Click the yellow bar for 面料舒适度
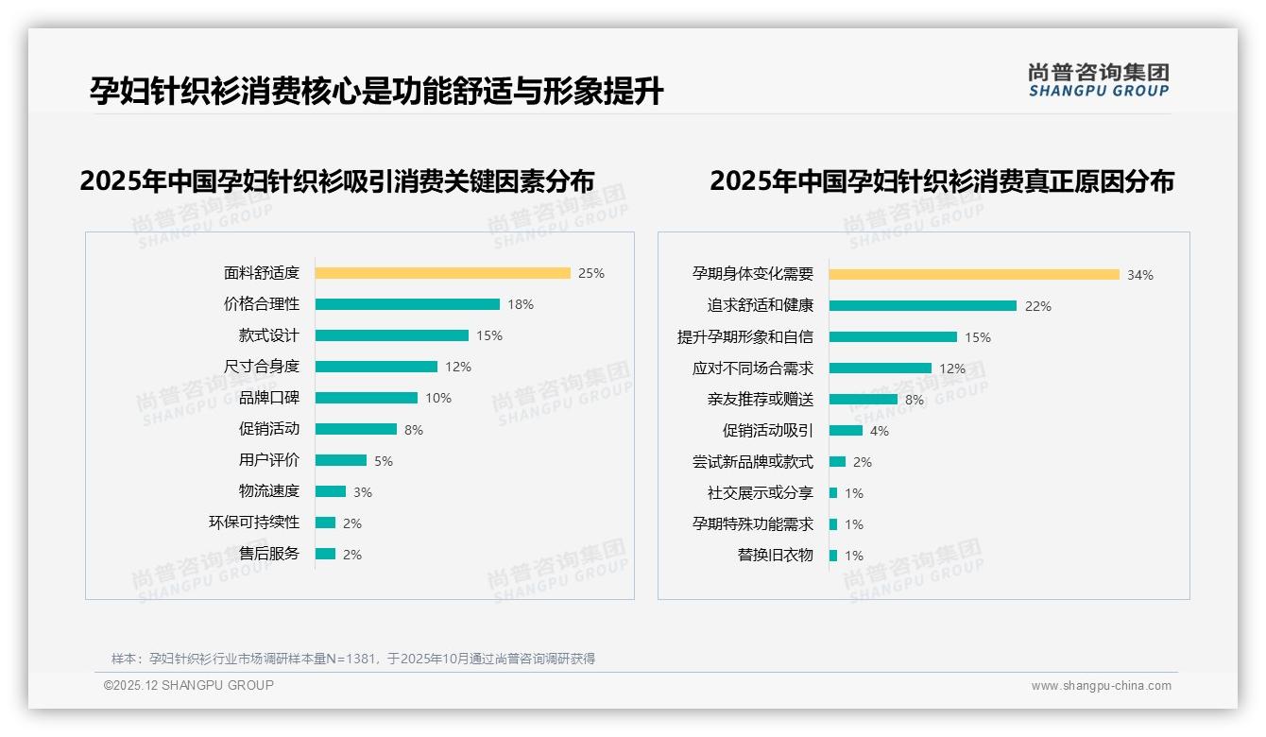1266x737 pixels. click(x=442, y=273)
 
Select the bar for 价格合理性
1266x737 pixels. click(x=407, y=304)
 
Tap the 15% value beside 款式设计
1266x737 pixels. click(x=489, y=335)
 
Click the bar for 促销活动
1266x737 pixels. click(x=356, y=429)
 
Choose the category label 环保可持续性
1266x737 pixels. click(x=253, y=523)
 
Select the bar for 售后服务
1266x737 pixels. click(x=325, y=554)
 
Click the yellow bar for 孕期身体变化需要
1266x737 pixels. click(x=974, y=275)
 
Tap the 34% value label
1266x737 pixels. click(x=1139, y=275)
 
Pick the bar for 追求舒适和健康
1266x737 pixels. click(x=923, y=306)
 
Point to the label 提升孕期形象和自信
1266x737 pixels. click(x=744, y=337)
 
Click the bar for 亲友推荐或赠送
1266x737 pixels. click(x=864, y=400)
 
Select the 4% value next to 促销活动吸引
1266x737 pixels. click(x=879, y=431)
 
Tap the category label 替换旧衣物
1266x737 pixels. click(x=775, y=556)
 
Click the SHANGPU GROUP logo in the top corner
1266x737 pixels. click(x=1098, y=80)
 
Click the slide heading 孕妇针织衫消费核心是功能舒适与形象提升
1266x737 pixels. click(x=376, y=92)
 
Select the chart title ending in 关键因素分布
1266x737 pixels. click(x=337, y=180)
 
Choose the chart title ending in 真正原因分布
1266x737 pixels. click(x=941, y=180)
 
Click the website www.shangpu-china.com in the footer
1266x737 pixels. click(x=1101, y=686)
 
